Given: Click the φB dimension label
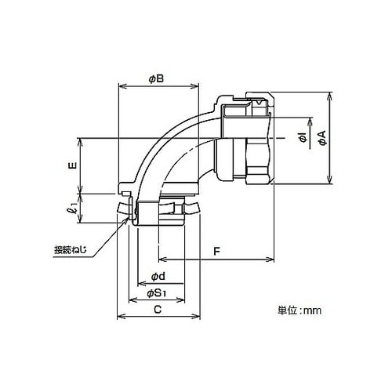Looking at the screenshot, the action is pyautogui.click(x=156, y=78).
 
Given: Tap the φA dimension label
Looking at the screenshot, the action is pyautogui.click(x=323, y=138).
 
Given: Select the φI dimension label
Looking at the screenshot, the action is pyautogui.click(x=303, y=138).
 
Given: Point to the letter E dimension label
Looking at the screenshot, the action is pyautogui.click(x=74, y=165).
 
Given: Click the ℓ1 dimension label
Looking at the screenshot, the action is pyautogui.click(x=74, y=208).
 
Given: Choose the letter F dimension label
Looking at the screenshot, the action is pyautogui.click(x=216, y=252).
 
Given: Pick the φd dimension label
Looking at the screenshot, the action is pyautogui.click(x=158, y=277).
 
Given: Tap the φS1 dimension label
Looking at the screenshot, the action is pyautogui.click(x=157, y=293).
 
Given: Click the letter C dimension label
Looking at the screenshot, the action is pyautogui.click(x=158, y=310).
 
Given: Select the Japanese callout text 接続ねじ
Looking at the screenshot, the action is pyautogui.click(x=70, y=250).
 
